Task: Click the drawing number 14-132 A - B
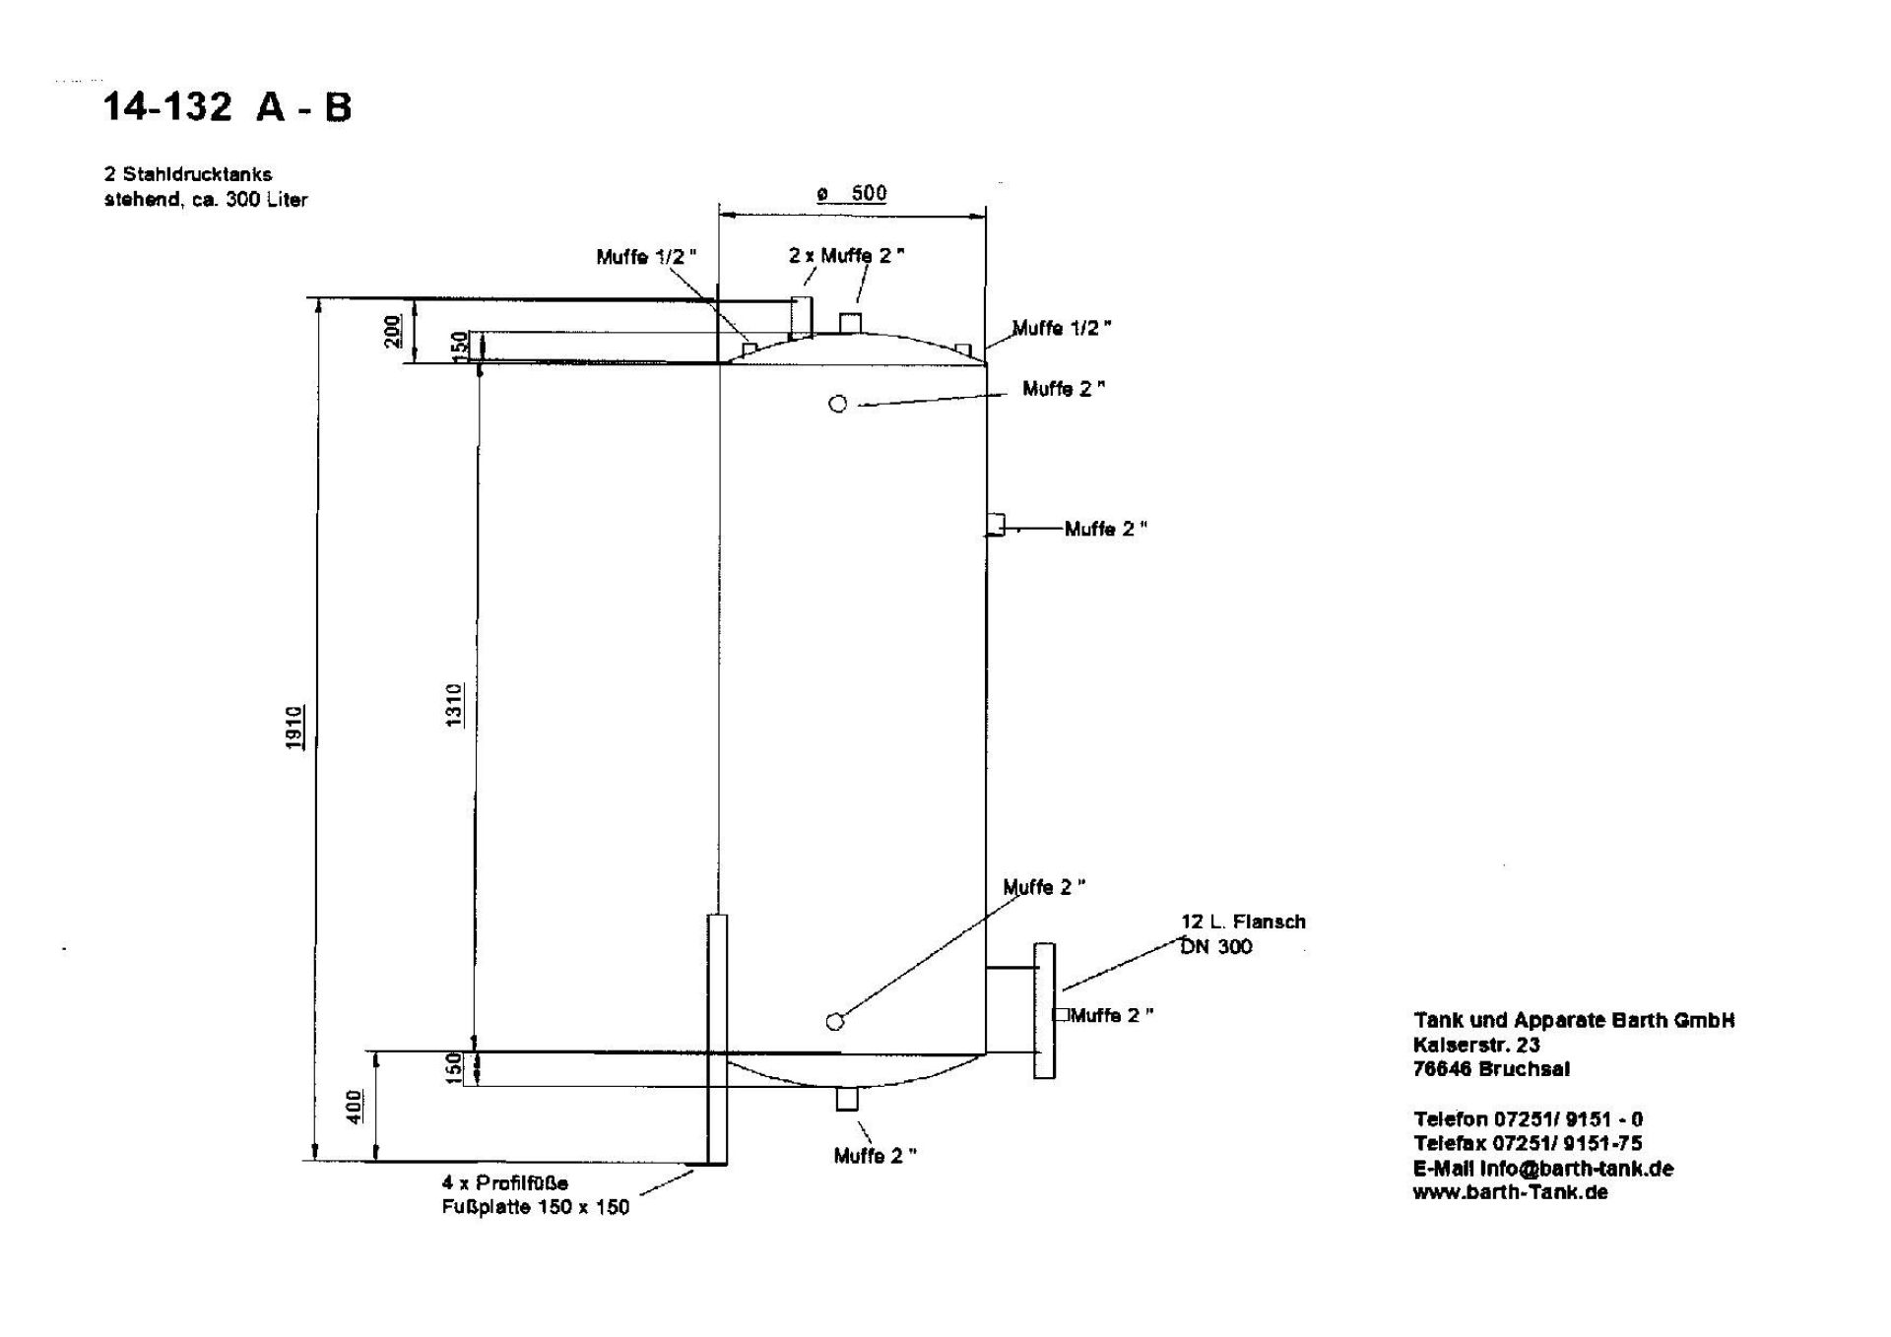point(227,106)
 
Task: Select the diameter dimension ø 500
point(852,193)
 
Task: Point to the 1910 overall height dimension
point(294,728)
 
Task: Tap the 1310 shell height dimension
point(454,705)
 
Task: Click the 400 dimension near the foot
point(355,1107)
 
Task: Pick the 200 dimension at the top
point(393,330)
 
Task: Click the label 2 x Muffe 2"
point(846,255)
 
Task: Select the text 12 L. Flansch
point(1243,922)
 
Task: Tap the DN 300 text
point(1217,947)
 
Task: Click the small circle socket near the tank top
point(838,404)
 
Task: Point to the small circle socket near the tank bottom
point(835,1022)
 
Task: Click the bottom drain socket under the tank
point(847,1099)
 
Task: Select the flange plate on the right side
point(1044,1010)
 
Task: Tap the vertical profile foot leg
point(717,1039)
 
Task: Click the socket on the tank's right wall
point(996,524)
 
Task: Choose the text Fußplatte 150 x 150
point(535,1207)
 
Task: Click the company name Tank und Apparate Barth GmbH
point(1574,1020)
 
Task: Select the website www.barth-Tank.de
point(1510,1192)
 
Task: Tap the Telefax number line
point(1528,1143)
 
